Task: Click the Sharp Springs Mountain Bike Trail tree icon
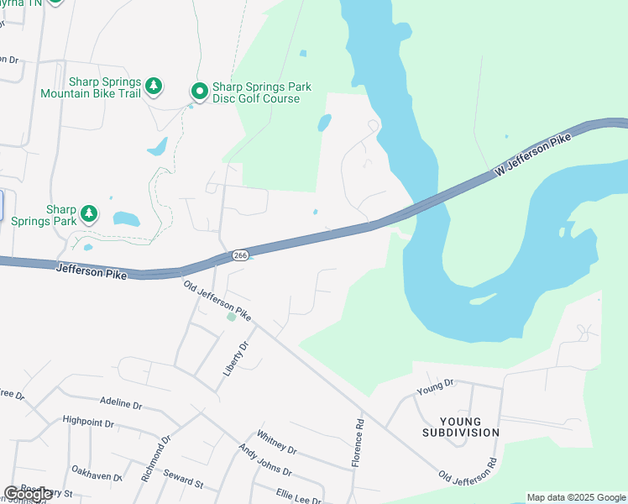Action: click(153, 86)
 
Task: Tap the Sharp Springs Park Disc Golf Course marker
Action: click(200, 91)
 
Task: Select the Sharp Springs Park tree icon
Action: click(88, 214)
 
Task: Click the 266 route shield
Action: click(239, 255)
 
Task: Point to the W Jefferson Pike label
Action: click(533, 154)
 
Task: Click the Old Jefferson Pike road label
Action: click(217, 301)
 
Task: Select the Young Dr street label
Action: click(435, 387)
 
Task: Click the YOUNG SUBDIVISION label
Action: click(468, 427)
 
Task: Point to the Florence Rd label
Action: click(359, 443)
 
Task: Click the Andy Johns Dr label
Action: click(264, 462)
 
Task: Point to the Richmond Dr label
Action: click(156, 457)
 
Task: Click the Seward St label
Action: click(183, 480)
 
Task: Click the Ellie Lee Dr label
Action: click(298, 496)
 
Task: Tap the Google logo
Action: click(29, 494)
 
